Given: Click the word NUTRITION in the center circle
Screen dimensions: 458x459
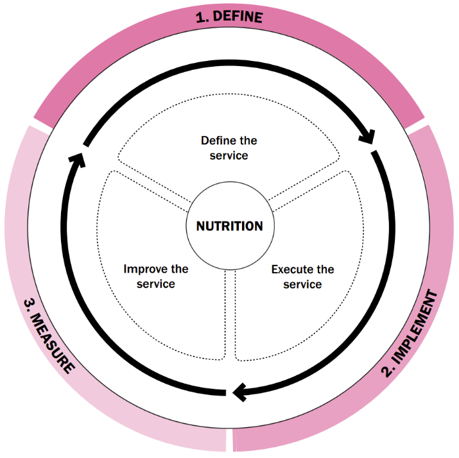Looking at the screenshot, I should coord(229,226).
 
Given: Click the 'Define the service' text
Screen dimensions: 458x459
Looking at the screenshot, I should coord(229,148).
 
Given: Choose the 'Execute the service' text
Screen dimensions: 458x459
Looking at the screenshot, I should coord(302,276).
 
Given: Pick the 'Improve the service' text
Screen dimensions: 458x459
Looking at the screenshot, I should coord(156,276).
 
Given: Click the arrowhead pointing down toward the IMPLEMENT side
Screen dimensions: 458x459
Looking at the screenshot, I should coord(368,137).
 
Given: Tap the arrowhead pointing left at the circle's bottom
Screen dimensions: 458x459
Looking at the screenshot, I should coord(239,392).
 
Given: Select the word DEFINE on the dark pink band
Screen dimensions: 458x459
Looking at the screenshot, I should coord(238,17).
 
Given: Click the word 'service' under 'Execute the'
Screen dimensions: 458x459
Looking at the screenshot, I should coord(302,284).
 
